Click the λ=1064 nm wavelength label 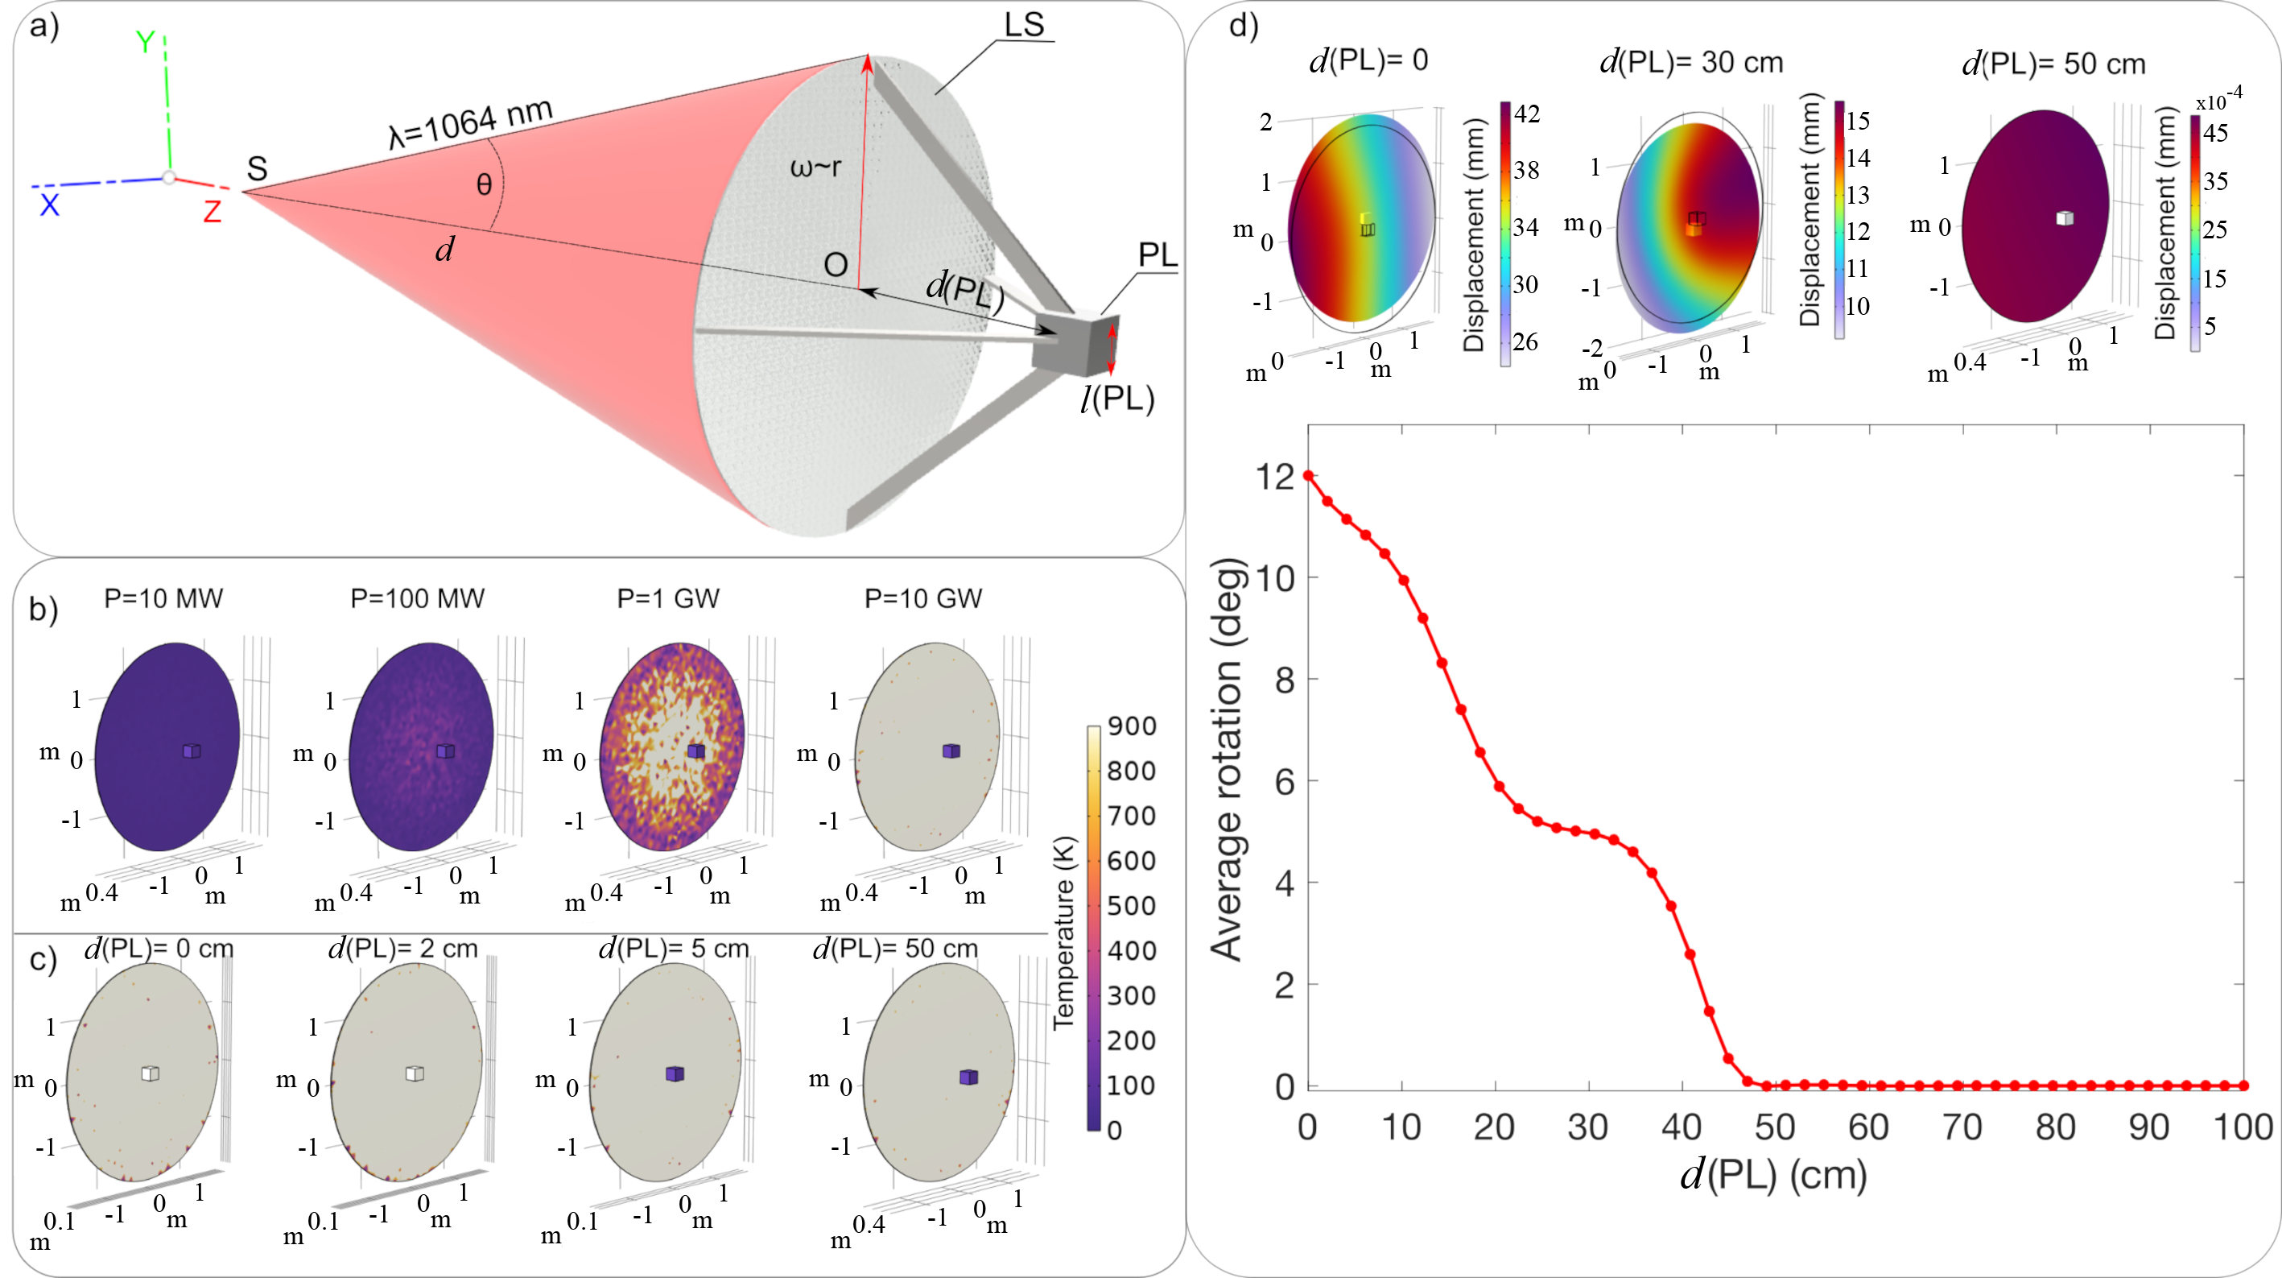(x=470, y=123)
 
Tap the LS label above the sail (x=1024, y=25)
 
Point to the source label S (x=257, y=168)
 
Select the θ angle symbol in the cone (x=484, y=184)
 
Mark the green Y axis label (x=145, y=42)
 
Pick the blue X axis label (x=50, y=205)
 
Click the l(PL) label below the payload (x=1117, y=399)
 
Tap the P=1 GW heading (x=668, y=599)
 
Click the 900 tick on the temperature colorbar (x=1131, y=726)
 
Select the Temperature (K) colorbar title (x=1064, y=932)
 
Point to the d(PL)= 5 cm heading (x=673, y=949)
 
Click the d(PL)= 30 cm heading (x=1691, y=63)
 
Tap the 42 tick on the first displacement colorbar (x=1526, y=114)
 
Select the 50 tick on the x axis (x=1774, y=1127)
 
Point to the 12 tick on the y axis (x=1276, y=477)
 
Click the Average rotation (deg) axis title (x=1228, y=759)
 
